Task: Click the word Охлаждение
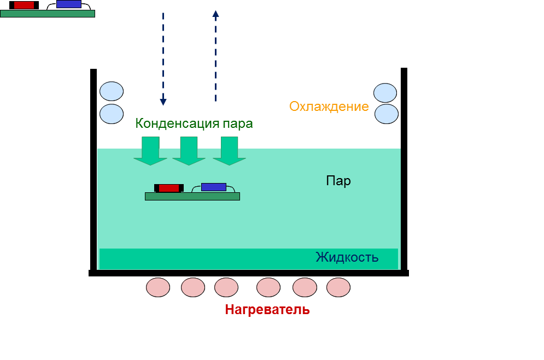(329, 107)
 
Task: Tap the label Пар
(338, 181)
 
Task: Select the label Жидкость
(347, 257)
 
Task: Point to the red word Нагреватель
(267, 310)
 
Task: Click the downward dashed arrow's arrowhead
(163, 102)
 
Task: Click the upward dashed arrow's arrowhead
(215, 14)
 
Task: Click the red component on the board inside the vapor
(169, 188)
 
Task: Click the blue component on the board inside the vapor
(213, 187)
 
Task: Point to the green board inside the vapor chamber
(192, 197)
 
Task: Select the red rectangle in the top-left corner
(24, 5)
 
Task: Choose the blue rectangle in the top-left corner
(69, 4)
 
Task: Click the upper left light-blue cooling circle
(112, 91)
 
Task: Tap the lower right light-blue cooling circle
(386, 114)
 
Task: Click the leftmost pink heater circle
(158, 287)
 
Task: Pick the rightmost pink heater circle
(338, 287)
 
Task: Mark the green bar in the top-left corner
(48, 14)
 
